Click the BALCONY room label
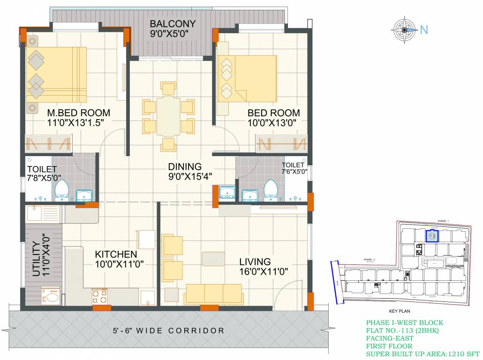pos(173,24)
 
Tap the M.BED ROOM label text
pos(78,113)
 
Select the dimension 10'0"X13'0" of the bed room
pos(274,122)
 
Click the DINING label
pos(185,166)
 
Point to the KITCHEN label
pos(116,254)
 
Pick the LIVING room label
pos(255,262)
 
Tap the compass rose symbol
pos(404,30)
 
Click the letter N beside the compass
pos(424,30)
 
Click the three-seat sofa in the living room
pos(213,293)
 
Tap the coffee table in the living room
pos(213,259)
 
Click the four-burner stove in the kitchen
pos(100,296)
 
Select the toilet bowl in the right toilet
pos(270,189)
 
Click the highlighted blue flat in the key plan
pos(432,236)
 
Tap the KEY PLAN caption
pos(400,311)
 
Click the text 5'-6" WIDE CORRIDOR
pos(168,330)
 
